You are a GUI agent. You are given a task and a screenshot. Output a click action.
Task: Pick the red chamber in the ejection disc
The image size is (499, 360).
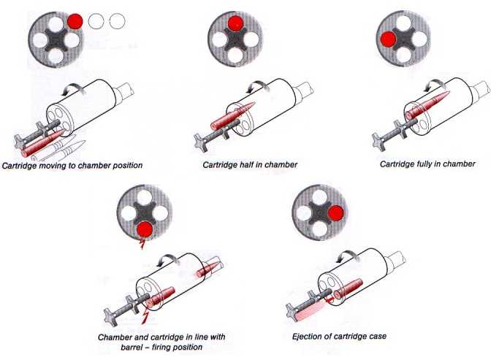pos(337,213)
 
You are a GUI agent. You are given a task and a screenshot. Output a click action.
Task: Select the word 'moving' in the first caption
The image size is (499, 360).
pos(58,166)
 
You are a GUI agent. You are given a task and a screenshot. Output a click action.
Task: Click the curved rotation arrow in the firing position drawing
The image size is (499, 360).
pos(167,258)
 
